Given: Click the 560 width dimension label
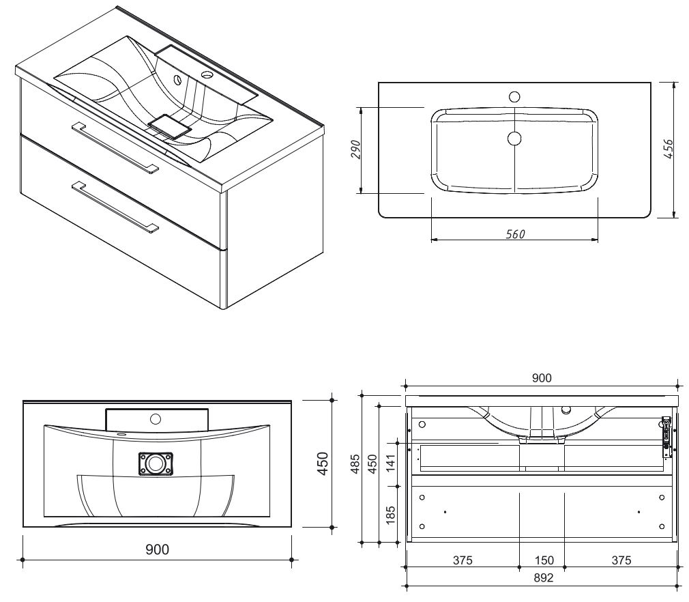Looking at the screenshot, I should point(515,234).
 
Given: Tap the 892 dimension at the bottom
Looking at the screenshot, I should point(542,577).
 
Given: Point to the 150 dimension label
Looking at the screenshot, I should point(544,560).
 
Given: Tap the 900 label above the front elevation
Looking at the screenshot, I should point(542,378).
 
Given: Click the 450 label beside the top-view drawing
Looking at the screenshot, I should point(323,463).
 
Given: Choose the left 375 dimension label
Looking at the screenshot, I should point(463,560).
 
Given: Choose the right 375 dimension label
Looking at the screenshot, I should point(621,560).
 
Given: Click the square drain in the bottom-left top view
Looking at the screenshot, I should point(156,464).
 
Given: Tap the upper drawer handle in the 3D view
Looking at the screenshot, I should point(115,146).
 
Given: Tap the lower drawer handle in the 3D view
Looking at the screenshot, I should point(115,206).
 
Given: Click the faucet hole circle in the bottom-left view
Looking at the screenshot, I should point(156,418).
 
